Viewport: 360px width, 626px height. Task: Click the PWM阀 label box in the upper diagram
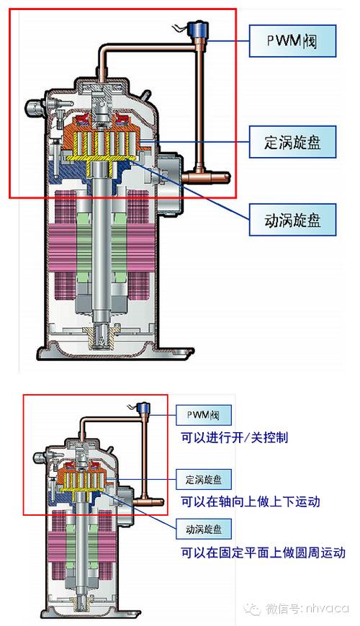pos(292,41)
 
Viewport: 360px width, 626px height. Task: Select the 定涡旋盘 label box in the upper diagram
pos(292,142)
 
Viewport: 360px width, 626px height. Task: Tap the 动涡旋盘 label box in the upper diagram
pos(292,220)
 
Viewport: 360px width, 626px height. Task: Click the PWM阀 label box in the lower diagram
pos(204,415)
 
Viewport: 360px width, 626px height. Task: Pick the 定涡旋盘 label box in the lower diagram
pos(204,480)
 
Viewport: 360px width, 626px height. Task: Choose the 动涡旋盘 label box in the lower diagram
pos(204,529)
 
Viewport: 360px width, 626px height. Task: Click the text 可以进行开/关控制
pos(234,437)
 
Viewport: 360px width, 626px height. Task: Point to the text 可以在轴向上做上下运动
pos(251,501)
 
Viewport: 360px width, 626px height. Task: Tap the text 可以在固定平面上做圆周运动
pos(263,553)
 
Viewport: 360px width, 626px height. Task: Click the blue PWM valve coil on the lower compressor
pos(142,408)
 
